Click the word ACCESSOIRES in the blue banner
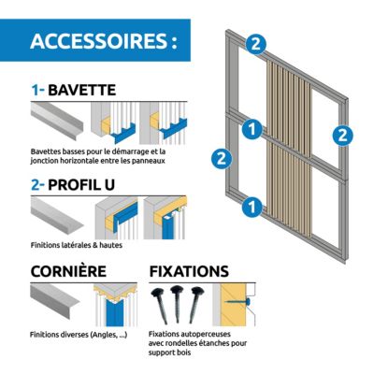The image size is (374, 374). tap(99, 40)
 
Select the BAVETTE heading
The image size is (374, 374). tap(82, 90)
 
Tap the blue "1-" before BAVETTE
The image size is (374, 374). tap(38, 90)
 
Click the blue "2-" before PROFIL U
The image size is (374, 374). tap(38, 185)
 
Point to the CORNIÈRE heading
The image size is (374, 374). tap(68, 270)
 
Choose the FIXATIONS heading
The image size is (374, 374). tap(189, 271)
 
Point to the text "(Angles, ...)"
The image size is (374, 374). tap(108, 335)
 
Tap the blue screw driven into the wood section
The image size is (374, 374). tap(238, 301)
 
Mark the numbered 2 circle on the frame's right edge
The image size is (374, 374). tap(342, 136)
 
